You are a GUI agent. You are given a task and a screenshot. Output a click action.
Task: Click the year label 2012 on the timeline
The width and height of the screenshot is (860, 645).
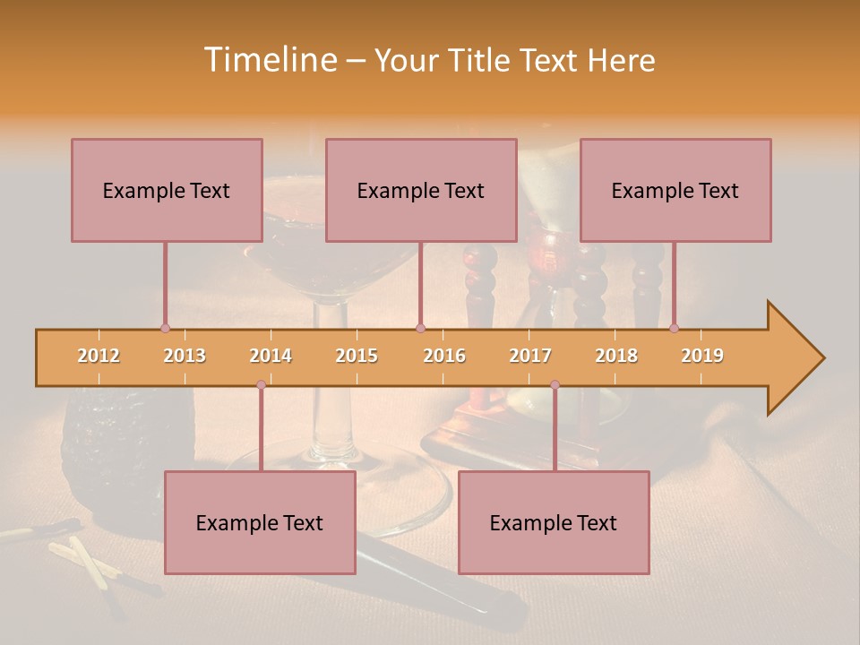click(99, 356)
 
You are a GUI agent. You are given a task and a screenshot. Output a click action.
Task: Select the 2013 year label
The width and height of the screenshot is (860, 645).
click(185, 356)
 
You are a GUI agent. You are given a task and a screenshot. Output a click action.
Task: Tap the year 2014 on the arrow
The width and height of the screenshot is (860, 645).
click(271, 356)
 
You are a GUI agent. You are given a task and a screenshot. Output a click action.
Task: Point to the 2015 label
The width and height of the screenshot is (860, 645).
click(357, 356)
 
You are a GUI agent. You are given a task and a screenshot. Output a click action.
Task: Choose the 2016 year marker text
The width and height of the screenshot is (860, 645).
click(444, 356)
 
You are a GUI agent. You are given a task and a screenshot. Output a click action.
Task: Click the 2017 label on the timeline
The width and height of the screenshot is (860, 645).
click(530, 356)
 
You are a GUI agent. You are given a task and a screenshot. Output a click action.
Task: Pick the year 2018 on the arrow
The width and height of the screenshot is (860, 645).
click(616, 356)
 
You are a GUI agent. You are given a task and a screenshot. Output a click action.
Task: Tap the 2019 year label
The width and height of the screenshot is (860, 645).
click(702, 356)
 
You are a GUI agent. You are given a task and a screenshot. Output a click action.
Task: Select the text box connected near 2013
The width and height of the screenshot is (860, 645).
click(167, 190)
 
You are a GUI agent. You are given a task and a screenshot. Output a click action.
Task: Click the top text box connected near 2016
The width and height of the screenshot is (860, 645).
click(421, 190)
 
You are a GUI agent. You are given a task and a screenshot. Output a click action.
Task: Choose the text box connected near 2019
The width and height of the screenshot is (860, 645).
click(675, 190)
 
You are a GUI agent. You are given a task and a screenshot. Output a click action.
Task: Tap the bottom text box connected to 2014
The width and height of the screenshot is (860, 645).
click(260, 522)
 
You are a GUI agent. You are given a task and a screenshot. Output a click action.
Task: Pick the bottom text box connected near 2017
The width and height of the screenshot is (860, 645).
click(554, 522)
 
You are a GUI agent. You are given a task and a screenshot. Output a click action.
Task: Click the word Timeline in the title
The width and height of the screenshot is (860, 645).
click(268, 60)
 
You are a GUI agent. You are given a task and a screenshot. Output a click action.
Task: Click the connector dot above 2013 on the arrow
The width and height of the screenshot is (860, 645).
click(165, 328)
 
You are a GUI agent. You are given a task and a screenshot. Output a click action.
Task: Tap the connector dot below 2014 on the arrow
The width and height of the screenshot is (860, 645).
click(261, 384)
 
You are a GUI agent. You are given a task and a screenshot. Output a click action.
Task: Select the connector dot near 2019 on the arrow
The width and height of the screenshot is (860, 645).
click(674, 328)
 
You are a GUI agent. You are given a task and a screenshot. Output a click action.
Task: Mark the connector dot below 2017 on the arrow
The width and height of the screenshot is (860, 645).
click(555, 384)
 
